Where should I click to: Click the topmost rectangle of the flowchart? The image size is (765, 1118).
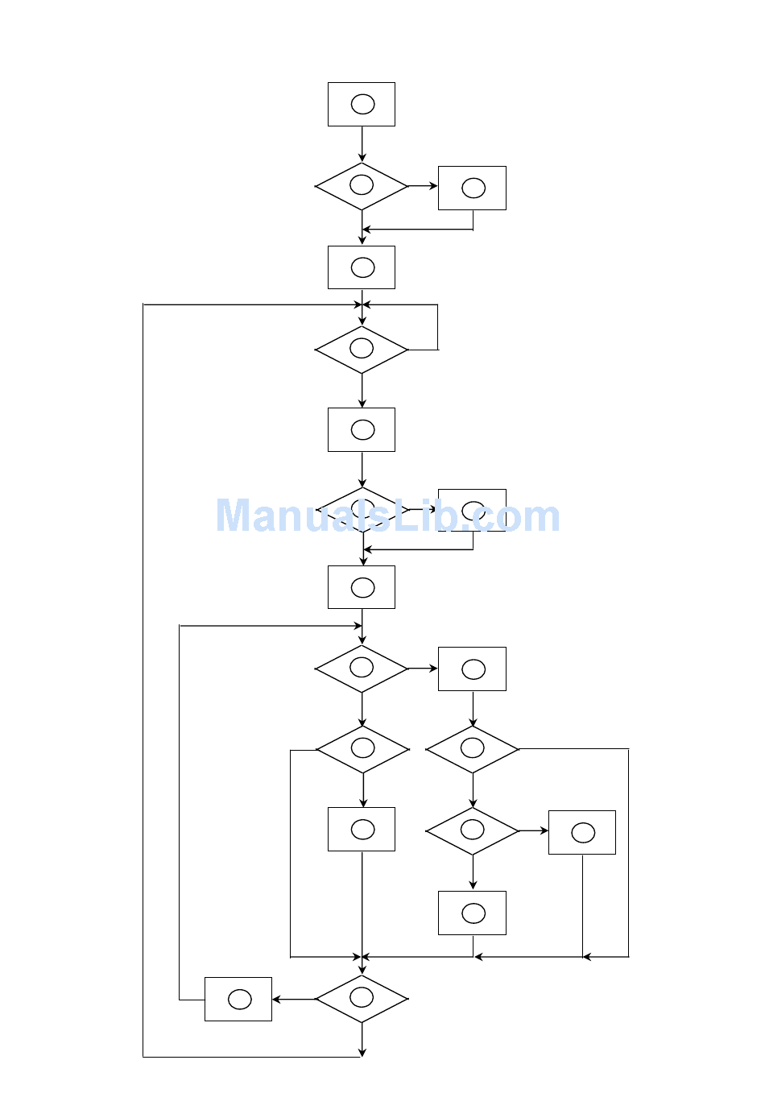(x=362, y=104)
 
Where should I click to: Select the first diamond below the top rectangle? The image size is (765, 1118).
(x=362, y=186)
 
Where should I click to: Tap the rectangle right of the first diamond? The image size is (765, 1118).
(x=472, y=188)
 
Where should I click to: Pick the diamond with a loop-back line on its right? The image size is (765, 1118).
(x=362, y=350)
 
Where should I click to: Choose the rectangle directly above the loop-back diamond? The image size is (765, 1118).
(x=362, y=267)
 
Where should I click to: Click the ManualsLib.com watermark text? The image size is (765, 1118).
(x=387, y=516)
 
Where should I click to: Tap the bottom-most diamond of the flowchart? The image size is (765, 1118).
(x=362, y=999)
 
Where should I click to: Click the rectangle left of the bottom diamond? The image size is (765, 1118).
(x=238, y=999)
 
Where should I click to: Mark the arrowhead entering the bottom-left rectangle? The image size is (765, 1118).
(x=276, y=1000)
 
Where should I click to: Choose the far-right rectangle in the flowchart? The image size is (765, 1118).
(x=582, y=832)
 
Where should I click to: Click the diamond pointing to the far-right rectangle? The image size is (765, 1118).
(x=472, y=830)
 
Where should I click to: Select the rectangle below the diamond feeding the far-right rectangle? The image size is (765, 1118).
(x=472, y=913)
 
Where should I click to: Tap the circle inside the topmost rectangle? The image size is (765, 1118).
(x=362, y=104)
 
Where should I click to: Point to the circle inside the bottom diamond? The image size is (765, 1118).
(x=362, y=997)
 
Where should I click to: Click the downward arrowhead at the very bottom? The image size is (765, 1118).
(x=362, y=1051)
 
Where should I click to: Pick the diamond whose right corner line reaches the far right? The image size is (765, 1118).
(x=472, y=749)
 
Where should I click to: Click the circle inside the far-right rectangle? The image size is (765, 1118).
(x=583, y=833)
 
